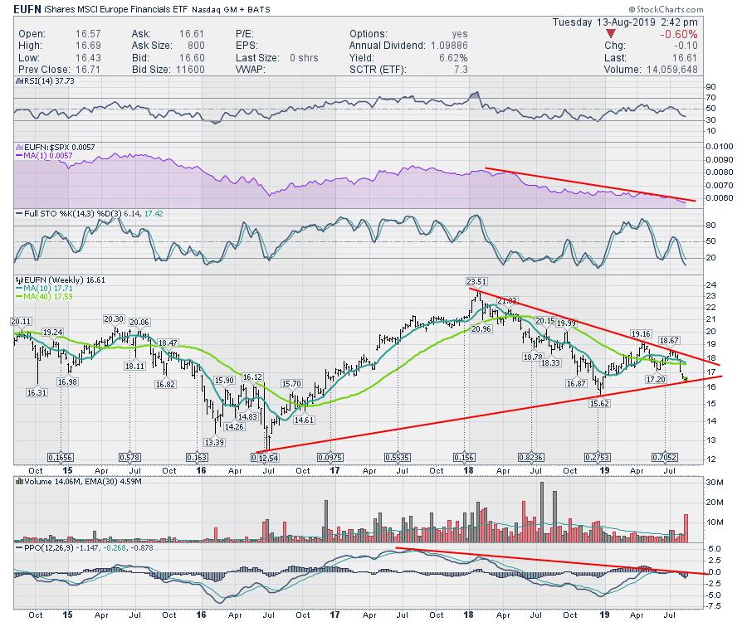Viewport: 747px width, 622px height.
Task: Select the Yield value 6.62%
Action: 452,58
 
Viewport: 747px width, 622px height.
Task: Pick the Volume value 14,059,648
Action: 696,70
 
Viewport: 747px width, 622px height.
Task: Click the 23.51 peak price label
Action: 476,280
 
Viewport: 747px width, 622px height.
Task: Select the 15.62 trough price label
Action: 599,402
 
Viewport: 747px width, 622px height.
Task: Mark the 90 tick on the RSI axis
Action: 710,86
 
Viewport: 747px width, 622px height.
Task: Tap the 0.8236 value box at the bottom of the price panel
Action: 531,456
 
